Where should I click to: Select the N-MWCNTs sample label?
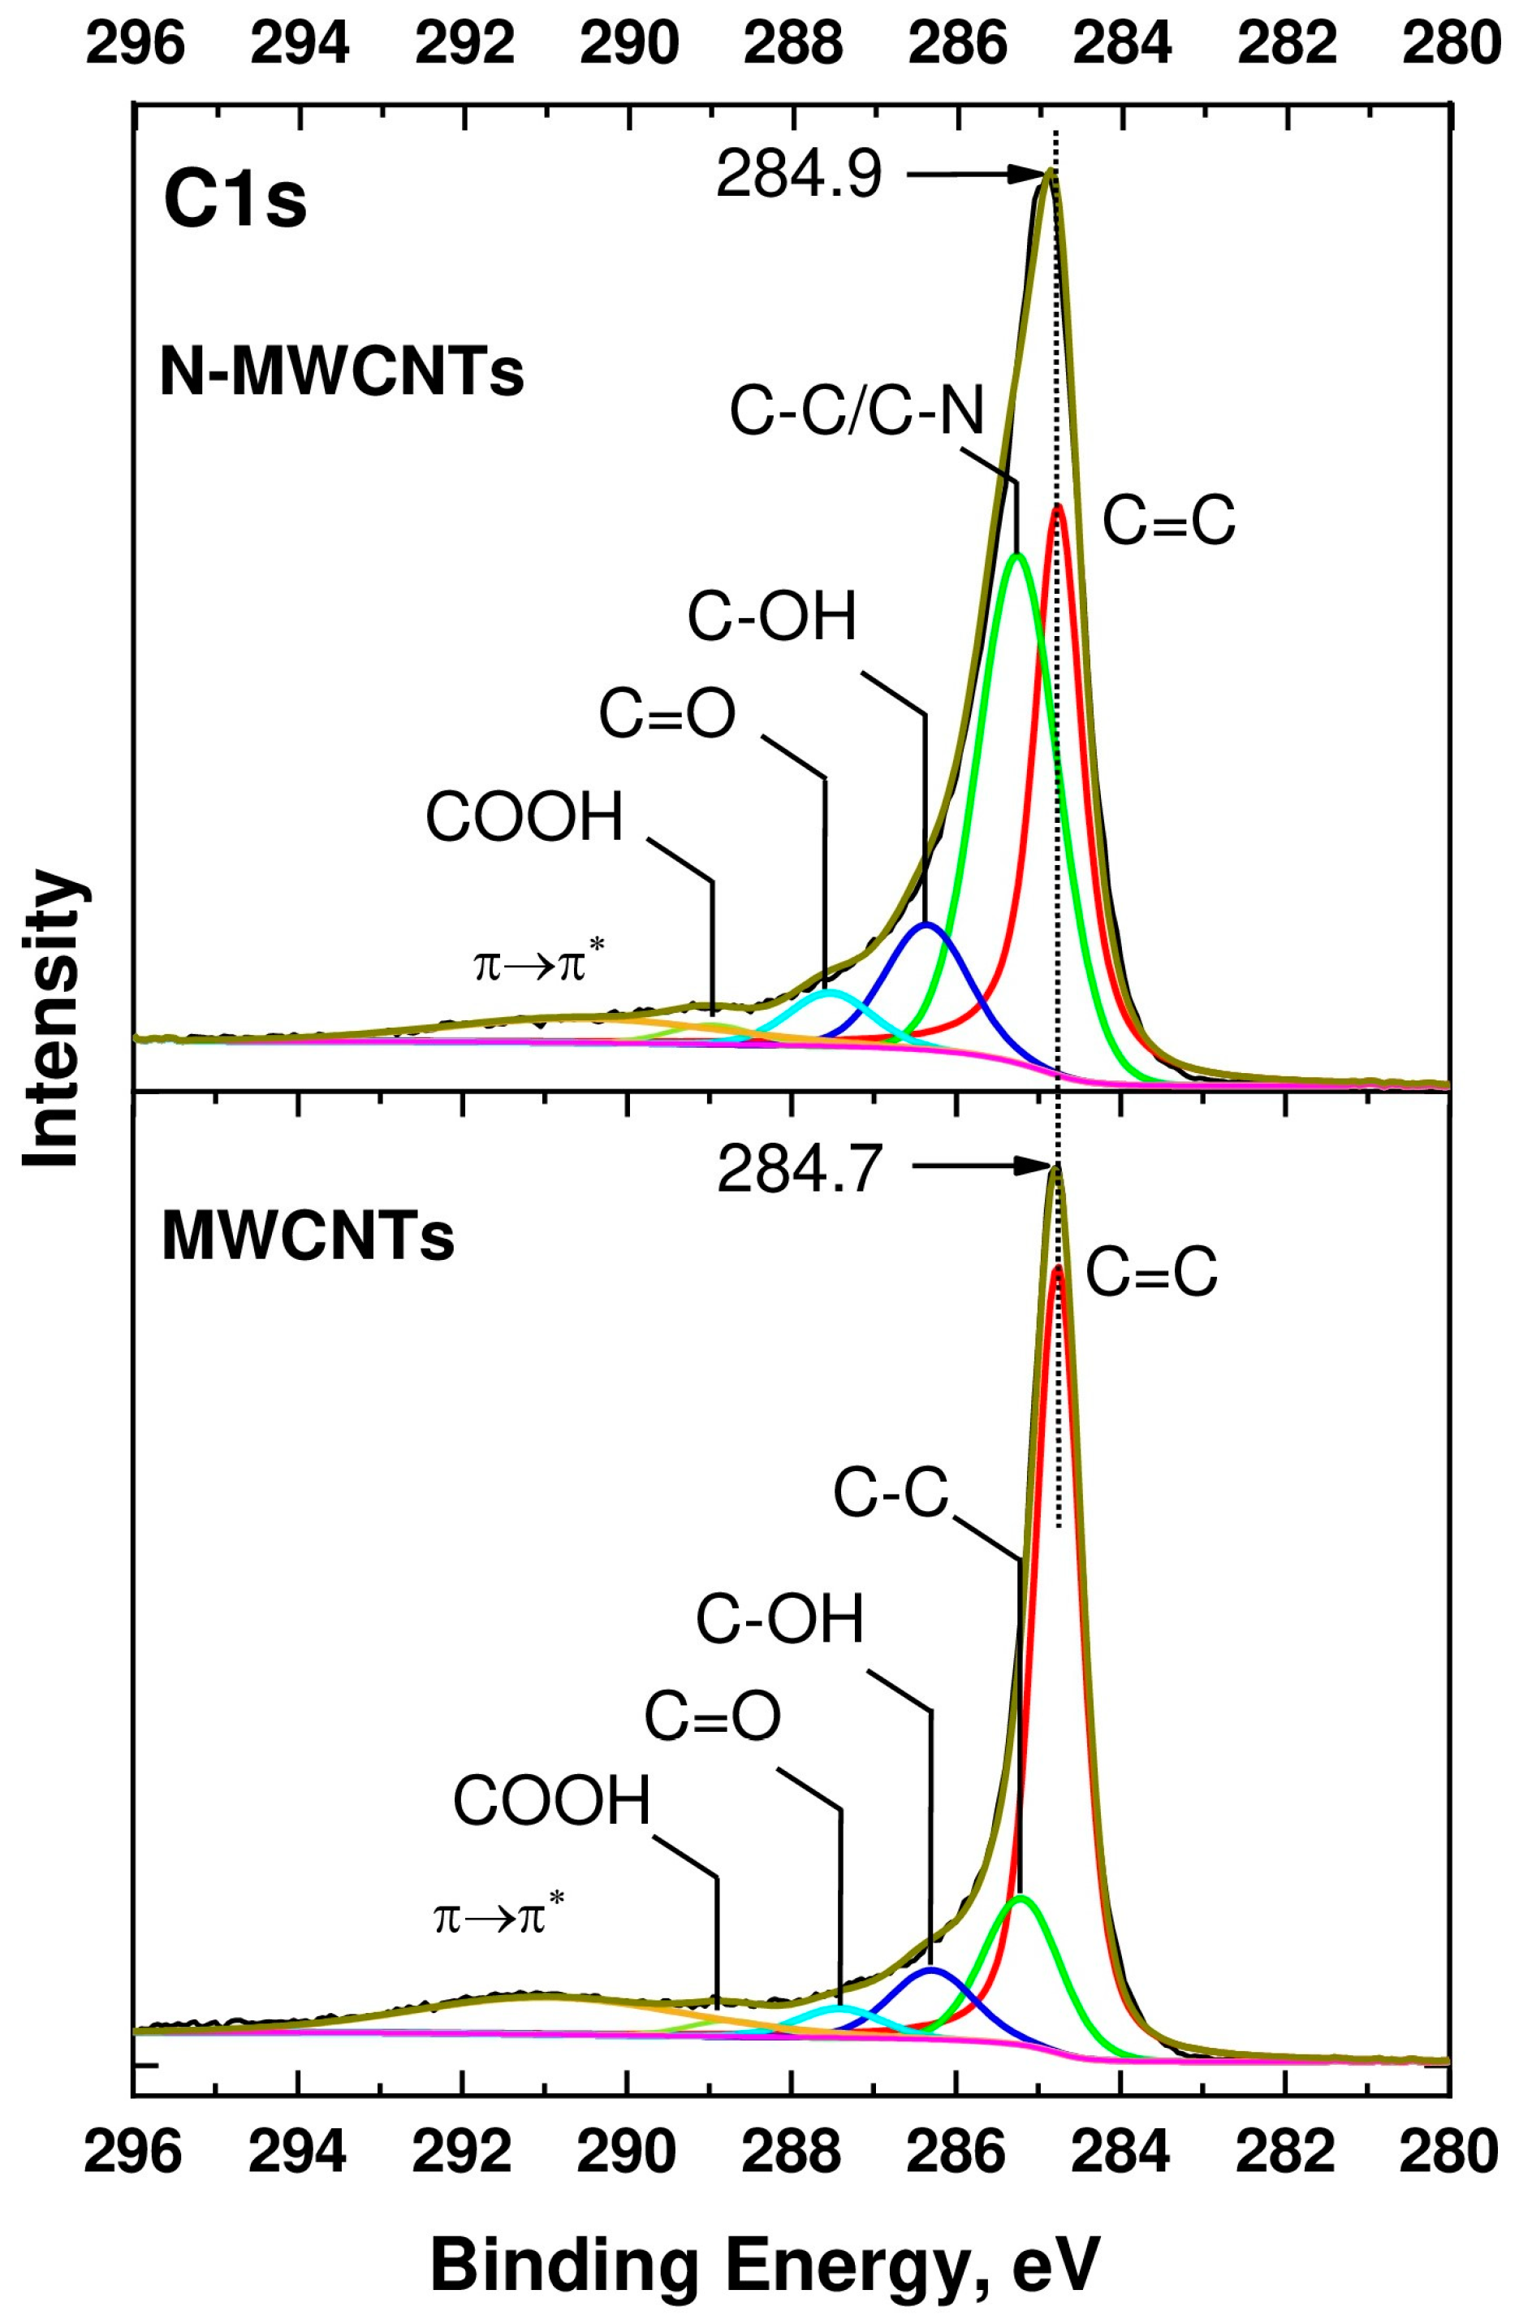click(342, 374)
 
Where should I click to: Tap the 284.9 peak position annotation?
click(798, 176)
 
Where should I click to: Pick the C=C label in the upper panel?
click(1168, 521)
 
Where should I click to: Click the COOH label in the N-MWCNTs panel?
click(524, 817)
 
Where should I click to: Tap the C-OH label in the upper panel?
click(772, 617)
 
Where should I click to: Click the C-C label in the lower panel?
click(891, 1493)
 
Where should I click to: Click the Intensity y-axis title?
click(50, 1019)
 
